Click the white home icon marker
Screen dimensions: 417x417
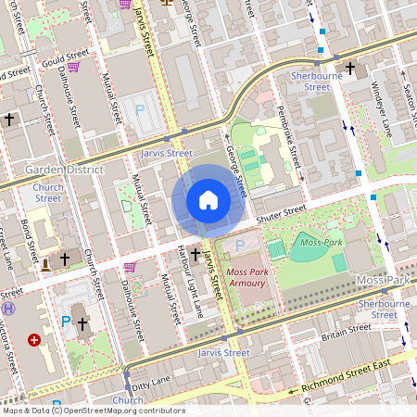[x=208, y=200]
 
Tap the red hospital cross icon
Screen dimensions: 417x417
[x=35, y=340]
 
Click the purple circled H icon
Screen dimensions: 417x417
[x=9, y=308]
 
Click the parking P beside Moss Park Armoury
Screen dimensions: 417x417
[x=239, y=244]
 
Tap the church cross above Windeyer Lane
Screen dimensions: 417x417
[x=351, y=68]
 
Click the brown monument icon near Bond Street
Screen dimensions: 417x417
[x=45, y=265]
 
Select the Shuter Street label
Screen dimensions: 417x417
[x=283, y=211]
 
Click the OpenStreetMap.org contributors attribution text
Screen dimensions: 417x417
[x=120, y=411]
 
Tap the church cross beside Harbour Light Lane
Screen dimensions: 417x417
[x=196, y=254]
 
